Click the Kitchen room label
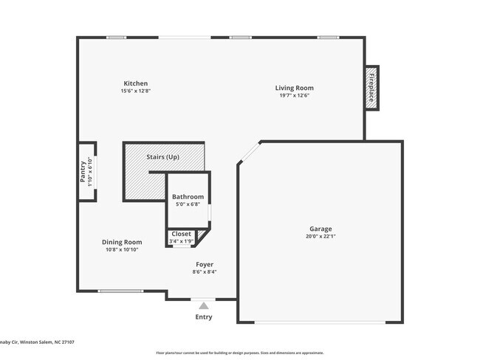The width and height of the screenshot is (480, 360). (x=135, y=83)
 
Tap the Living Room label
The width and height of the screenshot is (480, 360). (x=293, y=87)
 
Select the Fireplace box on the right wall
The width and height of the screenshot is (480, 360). (x=372, y=88)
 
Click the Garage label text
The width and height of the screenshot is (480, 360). (x=320, y=229)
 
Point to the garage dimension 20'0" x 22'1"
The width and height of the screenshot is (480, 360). (x=320, y=236)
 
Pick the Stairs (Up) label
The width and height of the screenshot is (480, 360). (x=163, y=157)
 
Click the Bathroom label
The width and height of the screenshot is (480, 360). (x=188, y=197)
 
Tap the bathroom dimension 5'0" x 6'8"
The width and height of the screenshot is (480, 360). (x=188, y=204)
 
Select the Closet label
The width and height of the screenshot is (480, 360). (x=181, y=234)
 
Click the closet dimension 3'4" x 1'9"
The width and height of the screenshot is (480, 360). (x=181, y=241)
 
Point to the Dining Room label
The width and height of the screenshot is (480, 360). (x=122, y=242)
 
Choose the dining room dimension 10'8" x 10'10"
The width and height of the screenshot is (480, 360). (x=122, y=249)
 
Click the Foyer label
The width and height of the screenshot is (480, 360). (x=205, y=264)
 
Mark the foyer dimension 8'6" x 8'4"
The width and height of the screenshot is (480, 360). (x=205, y=271)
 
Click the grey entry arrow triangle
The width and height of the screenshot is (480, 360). (x=203, y=305)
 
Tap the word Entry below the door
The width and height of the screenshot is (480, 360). (x=203, y=317)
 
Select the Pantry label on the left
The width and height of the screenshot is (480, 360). (x=83, y=172)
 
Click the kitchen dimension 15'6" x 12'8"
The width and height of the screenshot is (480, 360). (x=135, y=91)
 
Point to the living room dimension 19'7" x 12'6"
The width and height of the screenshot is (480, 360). (x=293, y=95)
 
